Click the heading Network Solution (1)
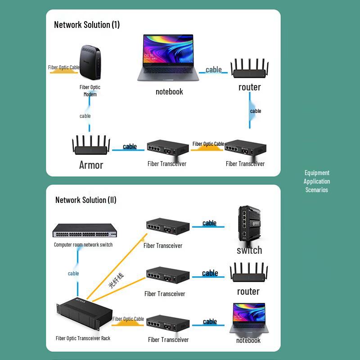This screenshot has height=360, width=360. point(87,25)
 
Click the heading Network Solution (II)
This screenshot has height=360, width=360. point(86,200)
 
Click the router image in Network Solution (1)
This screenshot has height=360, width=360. point(249,69)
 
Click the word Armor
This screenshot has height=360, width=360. point(91,165)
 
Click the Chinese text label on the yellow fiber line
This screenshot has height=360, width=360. point(116,280)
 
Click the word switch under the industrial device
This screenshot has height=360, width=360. point(249,250)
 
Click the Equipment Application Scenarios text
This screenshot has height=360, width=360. point(317,181)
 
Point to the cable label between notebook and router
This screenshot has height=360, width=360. point(214,70)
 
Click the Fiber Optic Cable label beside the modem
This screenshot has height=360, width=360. point(64,67)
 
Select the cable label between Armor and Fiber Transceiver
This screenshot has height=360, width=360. point(130,146)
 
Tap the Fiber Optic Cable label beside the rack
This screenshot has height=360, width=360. point(128,319)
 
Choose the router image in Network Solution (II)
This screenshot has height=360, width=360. point(249,274)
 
